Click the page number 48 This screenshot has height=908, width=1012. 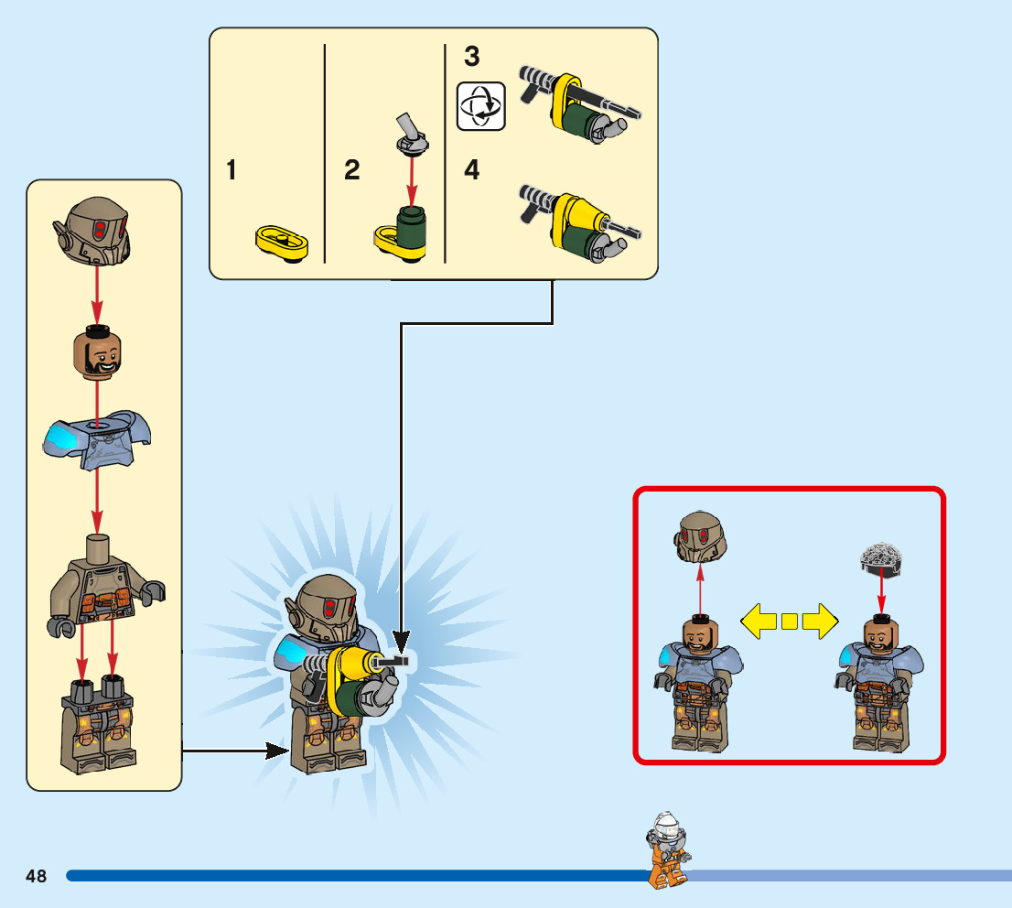[37, 876]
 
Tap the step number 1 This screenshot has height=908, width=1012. [231, 170]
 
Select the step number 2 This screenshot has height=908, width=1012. [352, 170]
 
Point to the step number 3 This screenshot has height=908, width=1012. [471, 57]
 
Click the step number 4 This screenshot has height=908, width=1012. [471, 170]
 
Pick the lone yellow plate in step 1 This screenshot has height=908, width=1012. [280, 243]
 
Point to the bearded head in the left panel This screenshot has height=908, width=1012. [98, 351]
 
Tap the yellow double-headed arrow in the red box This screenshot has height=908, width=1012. [789, 622]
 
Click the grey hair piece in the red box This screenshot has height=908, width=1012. [880, 557]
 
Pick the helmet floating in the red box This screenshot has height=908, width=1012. [700, 536]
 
